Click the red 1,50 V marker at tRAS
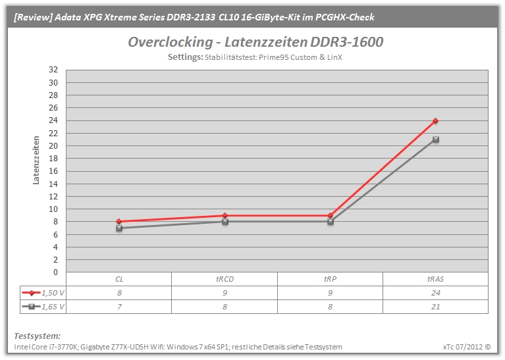435,120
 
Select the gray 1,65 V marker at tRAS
436,140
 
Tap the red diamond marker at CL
119,222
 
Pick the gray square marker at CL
119,228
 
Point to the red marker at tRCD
225,215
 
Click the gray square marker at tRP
331,222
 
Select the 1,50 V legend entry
43,293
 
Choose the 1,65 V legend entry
43,307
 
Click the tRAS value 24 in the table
435,293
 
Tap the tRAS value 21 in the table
435,307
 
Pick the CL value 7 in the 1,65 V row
119,307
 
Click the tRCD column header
225,279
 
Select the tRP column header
330,279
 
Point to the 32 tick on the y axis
53,70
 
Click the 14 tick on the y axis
53,184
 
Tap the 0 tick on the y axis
56,272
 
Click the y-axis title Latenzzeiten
36,160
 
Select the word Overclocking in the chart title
171,42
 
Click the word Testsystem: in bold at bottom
38,336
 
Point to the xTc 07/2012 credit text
467,347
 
